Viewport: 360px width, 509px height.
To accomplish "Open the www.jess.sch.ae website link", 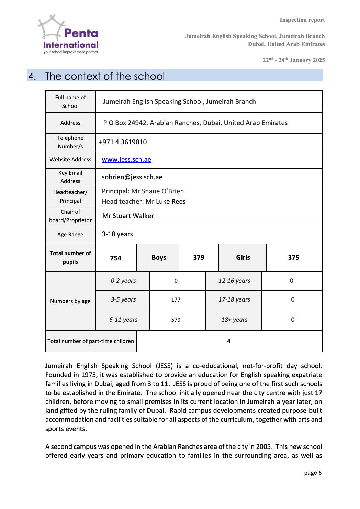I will coord(126,160).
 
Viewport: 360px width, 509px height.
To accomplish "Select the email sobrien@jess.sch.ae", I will coord(132,177).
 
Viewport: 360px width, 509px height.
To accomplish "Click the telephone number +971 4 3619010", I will coord(123,142).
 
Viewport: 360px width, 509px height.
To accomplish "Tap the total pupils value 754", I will coord(116,258).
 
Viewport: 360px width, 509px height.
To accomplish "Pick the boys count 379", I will coord(199,258).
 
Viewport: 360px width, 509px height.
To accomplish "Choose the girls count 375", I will coord(293,258).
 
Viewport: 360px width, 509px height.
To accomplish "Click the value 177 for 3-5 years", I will coord(176,300).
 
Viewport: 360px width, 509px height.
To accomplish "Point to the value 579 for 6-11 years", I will coord(176,320).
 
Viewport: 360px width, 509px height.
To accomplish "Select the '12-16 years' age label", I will coord(234,281).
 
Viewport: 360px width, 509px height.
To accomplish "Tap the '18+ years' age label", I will coord(234,320).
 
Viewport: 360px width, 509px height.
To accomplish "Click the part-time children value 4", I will coord(229,341).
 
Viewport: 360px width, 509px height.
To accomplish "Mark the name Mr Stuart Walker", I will coord(128,216).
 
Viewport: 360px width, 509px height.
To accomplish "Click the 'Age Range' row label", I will coord(70,235).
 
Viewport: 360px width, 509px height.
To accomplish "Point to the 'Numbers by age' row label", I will coord(70,301).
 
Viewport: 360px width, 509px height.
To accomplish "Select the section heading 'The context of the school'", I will coord(105,76).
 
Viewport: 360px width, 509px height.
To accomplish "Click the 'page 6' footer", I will coord(313,473).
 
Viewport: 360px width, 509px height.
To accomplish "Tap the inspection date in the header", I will coord(294,60).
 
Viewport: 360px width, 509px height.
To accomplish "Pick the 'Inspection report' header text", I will coord(302,20).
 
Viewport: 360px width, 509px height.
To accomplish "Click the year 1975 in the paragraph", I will coord(89,375).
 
